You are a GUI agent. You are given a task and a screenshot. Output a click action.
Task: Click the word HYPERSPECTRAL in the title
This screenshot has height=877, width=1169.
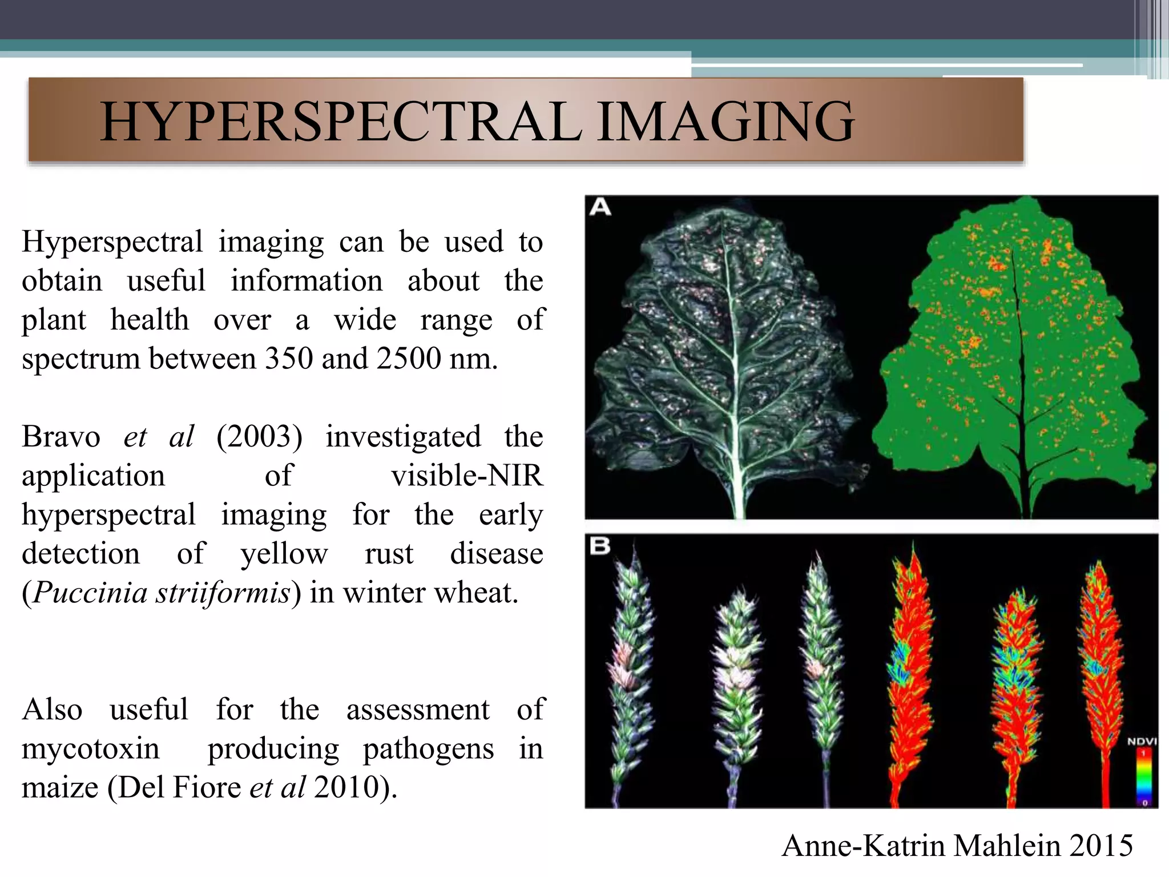(x=341, y=122)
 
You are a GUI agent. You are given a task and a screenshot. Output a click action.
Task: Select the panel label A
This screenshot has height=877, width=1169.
(x=600, y=207)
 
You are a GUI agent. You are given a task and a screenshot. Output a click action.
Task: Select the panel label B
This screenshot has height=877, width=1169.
(x=600, y=546)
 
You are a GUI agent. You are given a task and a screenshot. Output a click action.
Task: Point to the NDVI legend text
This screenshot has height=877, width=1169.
(x=1142, y=742)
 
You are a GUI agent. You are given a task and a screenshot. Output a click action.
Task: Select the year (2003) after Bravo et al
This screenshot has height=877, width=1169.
(x=259, y=437)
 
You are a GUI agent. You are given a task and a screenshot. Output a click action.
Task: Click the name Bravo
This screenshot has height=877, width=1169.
(x=61, y=437)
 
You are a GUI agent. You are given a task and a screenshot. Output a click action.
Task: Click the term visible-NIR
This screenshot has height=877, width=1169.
(x=467, y=476)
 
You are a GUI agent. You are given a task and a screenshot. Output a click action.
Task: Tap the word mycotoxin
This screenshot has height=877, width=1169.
(x=91, y=749)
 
